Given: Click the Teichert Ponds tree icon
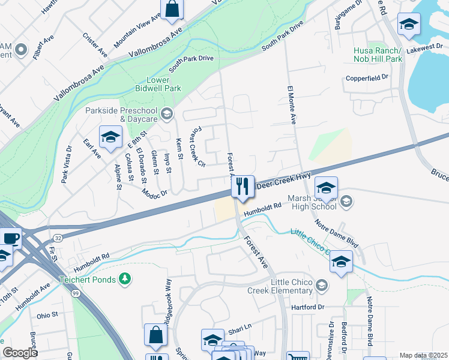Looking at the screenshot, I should (125, 278).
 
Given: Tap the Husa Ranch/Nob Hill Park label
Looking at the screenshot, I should (378, 55).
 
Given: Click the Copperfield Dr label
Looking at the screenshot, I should (367, 78).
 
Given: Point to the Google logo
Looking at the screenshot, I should (20, 352).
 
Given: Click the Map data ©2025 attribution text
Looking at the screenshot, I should (423, 355).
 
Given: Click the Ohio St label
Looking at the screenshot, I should (47, 314).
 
